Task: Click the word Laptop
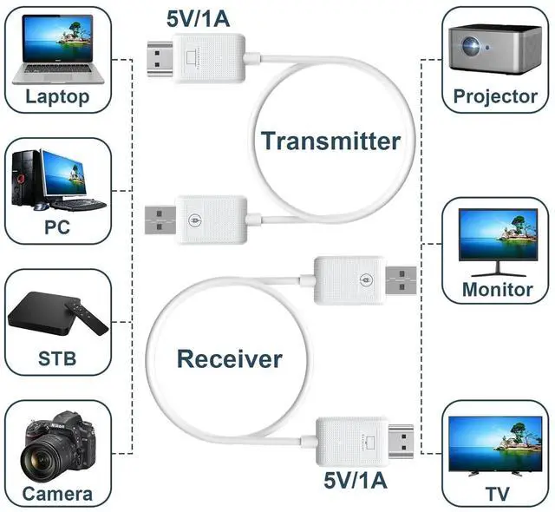tap(57, 96)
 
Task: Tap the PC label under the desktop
tap(56, 229)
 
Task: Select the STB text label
tap(57, 358)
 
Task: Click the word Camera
tap(57, 494)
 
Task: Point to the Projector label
tap(495, 96)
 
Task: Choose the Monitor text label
tap(497, 290)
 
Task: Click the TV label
tap(497, 493)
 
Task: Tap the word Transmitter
tap(330, 140)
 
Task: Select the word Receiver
tap(229, 358)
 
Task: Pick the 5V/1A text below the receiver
tap(356, 479)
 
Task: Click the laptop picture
tap(55, 50)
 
